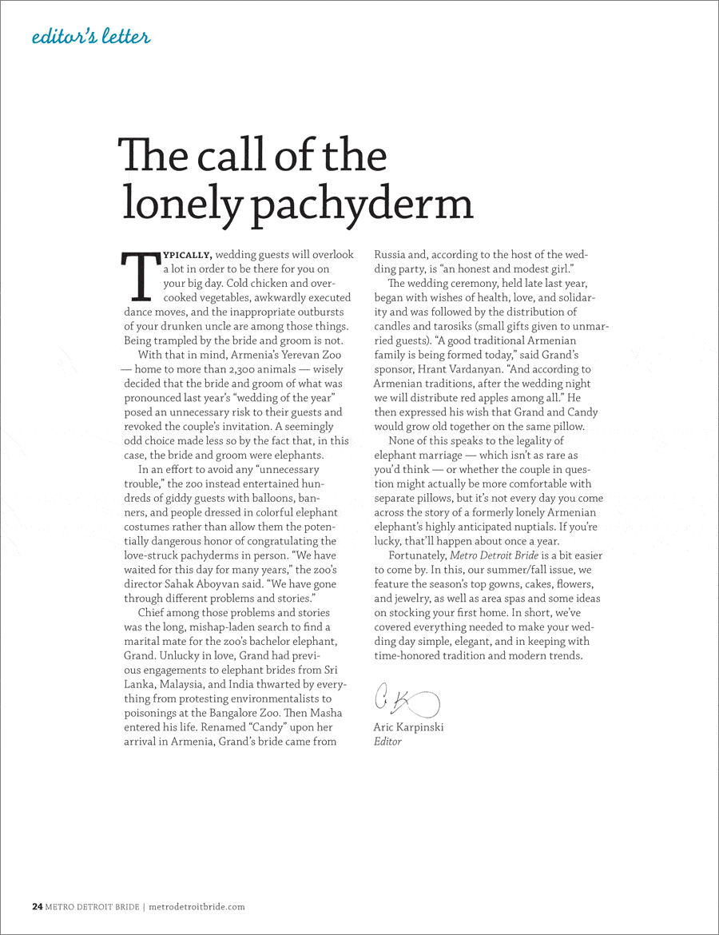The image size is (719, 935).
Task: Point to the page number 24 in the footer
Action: (x=37, y=906)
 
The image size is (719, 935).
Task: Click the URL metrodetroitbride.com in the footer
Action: (x=197, y=906)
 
